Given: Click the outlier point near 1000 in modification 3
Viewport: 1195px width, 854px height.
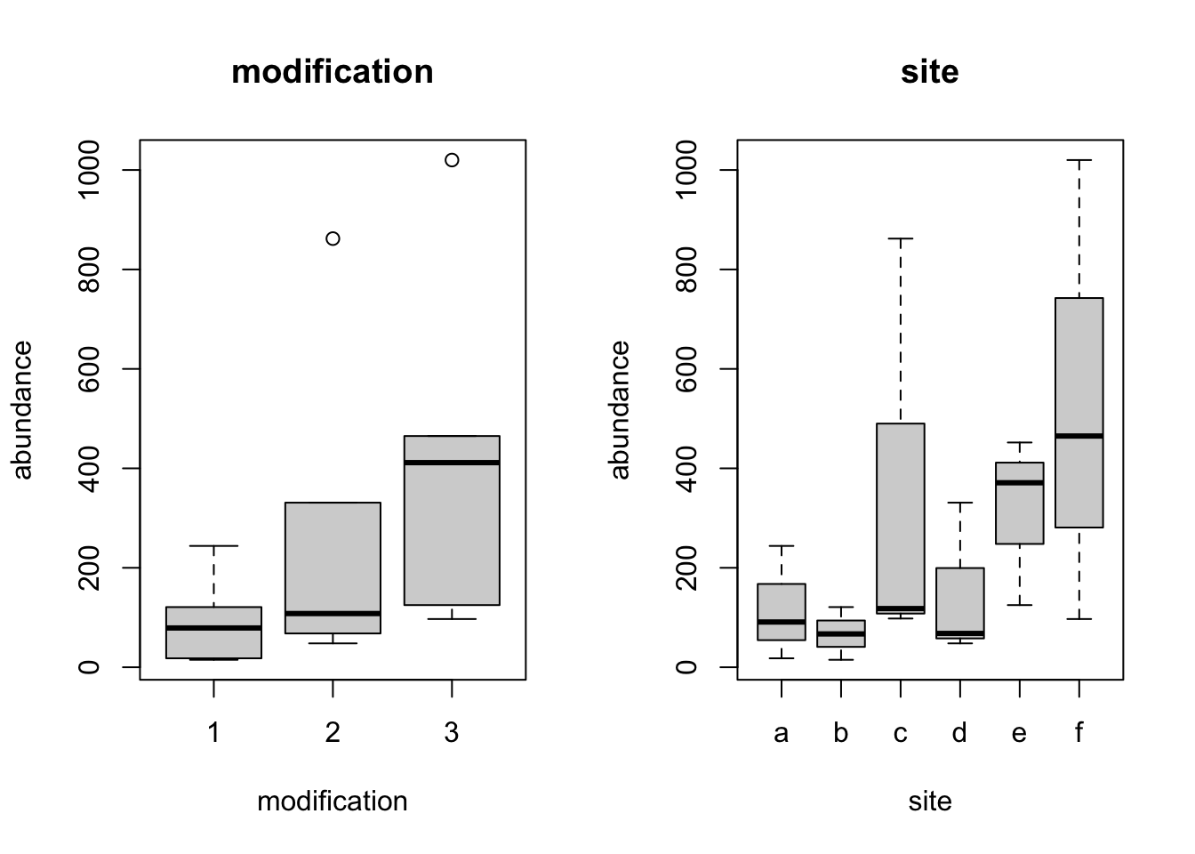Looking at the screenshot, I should [452, 160].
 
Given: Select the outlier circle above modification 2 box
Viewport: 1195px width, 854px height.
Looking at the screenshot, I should [333, 238].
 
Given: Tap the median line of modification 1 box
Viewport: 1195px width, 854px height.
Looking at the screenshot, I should [214, 628].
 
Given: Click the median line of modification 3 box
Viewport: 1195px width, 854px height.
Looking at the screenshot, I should [452, 463].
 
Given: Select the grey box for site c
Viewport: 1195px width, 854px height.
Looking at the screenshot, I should [901, 516].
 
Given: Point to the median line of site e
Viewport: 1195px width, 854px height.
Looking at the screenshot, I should [1019, 482].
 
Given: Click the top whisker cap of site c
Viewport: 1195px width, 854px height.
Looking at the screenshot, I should [901, 238].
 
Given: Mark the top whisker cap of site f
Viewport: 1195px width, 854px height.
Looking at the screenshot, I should [1079, 160].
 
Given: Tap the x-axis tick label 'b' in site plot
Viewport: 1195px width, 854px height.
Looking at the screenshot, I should [841, 733].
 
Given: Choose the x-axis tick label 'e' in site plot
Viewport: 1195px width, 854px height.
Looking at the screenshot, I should [1019, 733].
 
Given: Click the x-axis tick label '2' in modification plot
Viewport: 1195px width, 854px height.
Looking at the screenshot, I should [333, 733].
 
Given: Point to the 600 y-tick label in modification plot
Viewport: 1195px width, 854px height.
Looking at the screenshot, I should [89, 368].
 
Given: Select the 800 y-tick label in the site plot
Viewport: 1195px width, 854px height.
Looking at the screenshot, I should [686, 269].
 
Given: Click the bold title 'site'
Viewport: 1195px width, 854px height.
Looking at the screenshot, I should [930, 72].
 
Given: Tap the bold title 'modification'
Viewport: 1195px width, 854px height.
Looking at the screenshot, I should [333, 72].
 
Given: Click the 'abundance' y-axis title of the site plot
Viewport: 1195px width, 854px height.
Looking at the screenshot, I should [620, 409].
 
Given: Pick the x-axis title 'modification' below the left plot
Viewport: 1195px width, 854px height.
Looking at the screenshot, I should [333, 802].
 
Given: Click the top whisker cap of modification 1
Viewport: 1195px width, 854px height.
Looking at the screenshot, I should [214, 545].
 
